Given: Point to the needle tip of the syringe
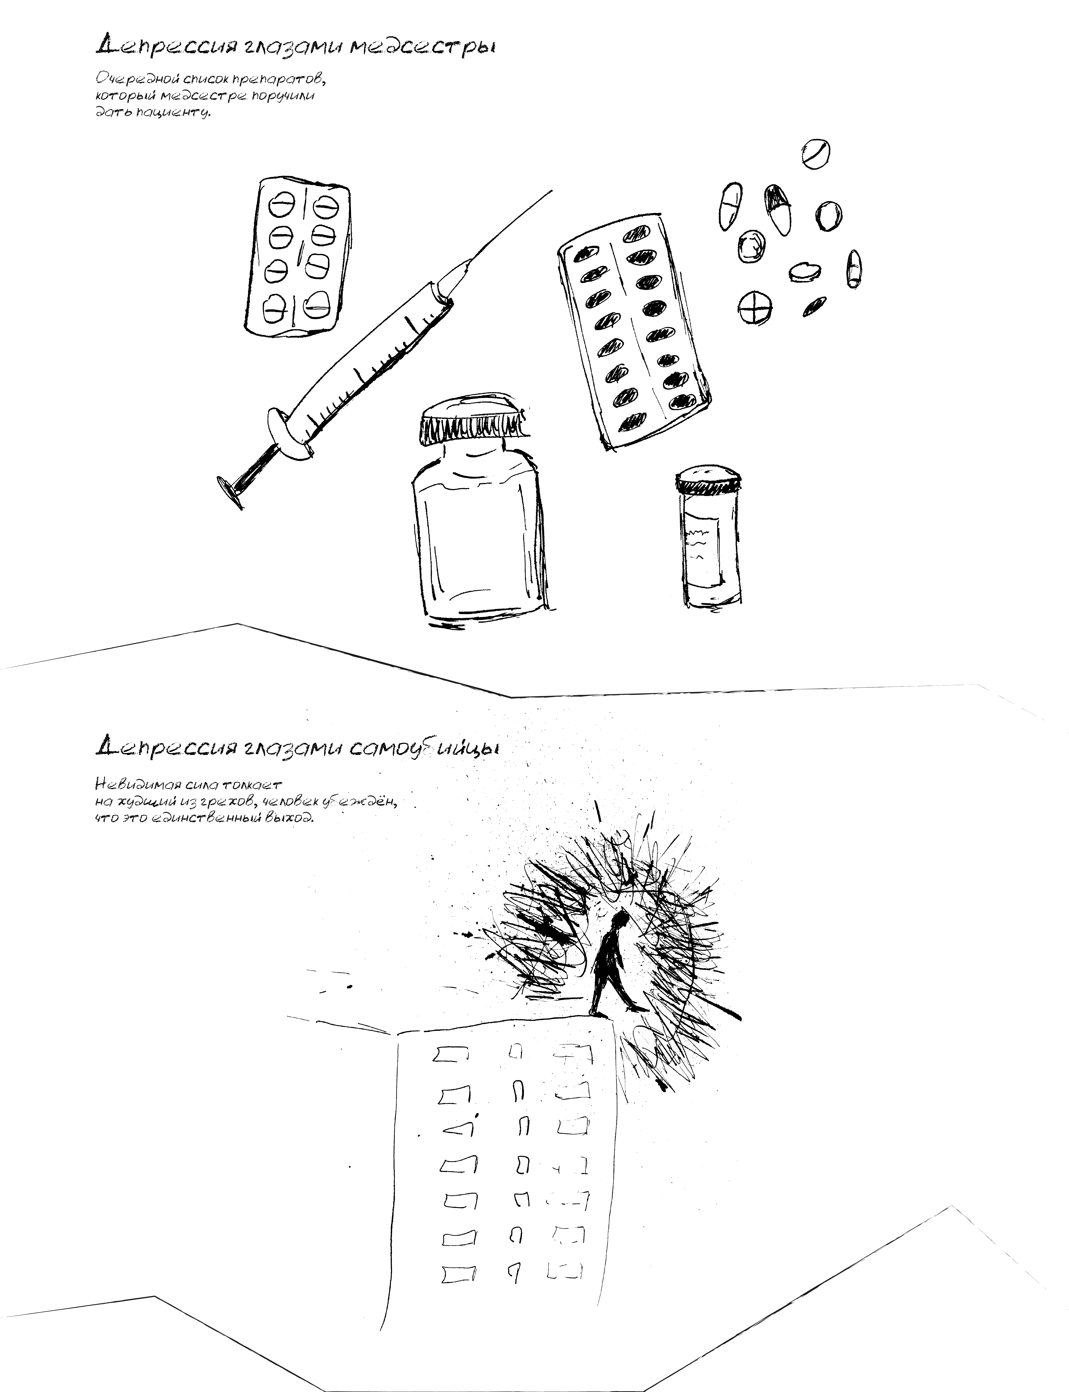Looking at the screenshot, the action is [x=551, y=190].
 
